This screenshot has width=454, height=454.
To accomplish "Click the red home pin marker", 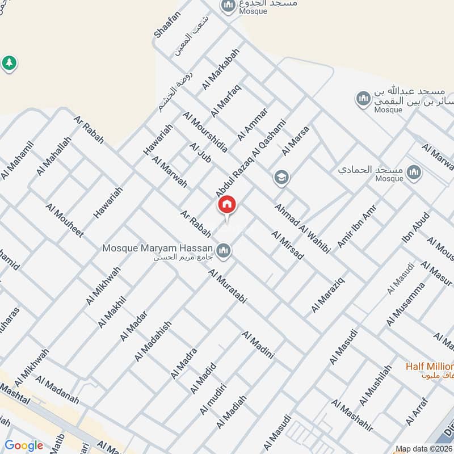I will tap(227, 205).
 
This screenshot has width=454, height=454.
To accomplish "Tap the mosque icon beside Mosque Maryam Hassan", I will tap(224, 250).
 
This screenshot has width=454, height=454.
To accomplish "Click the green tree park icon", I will tap(9, 62).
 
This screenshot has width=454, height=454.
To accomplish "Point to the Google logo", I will tap(24, 445).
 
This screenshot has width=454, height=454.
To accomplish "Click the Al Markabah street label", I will tap(221, 69).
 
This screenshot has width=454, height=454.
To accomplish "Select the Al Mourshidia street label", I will tap(205, 132).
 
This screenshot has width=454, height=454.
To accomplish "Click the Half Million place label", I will tap(430, 366).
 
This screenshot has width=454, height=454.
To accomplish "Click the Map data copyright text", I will tap(424, 448).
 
